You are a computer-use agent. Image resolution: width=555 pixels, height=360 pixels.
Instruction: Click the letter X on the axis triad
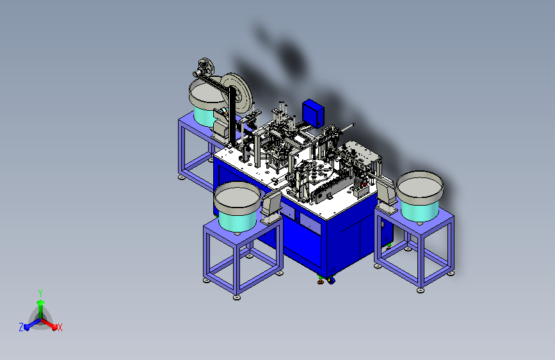(x=60, y=327)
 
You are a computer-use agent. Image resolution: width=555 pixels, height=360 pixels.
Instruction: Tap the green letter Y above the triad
(x=40, y=293)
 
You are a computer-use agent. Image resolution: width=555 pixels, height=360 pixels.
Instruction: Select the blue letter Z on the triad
(x=21, y=327)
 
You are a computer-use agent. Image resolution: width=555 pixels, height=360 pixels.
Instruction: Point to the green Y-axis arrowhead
(x=41, y=303)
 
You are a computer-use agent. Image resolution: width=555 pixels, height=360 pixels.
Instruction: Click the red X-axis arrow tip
(x=54, y=327)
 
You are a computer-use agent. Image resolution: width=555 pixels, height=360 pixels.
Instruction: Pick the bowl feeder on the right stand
(x=420, y=196)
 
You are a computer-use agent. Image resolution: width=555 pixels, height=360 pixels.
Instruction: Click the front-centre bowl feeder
(x=237, y=206)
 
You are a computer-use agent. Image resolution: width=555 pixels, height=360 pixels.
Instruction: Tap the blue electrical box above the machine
(x=313, y=113)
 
